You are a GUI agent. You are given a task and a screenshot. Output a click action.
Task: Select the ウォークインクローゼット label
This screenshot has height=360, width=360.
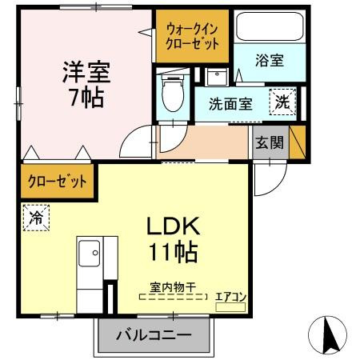(192, 37)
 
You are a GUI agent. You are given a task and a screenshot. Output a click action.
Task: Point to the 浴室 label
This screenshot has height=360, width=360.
(270, 61)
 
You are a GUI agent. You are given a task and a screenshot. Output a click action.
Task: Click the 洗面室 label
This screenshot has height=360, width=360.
(231, 103)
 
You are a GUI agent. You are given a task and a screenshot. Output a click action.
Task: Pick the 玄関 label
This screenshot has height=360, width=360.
(269, 143)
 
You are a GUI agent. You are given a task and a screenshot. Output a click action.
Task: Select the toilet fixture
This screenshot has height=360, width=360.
(171, 95)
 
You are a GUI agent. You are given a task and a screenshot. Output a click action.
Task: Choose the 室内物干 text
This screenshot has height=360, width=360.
(172, 286)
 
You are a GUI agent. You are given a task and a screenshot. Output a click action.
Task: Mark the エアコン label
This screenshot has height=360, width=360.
(230, 296)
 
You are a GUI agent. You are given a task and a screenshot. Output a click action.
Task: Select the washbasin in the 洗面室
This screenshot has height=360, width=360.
(216, 78)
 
